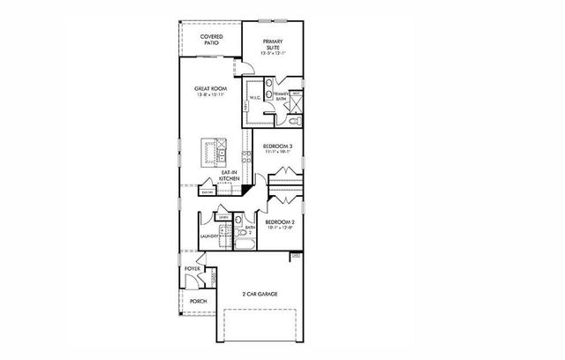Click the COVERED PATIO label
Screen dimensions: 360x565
[x=210, y=39]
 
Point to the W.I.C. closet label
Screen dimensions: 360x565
[x=253, y=98]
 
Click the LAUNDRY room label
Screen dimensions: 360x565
[x=209, y=236]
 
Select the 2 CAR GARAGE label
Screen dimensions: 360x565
[x=261, y=294]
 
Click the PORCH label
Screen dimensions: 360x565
[x=198, y=302]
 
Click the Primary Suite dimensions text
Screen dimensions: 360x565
[x=275, y=53]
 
